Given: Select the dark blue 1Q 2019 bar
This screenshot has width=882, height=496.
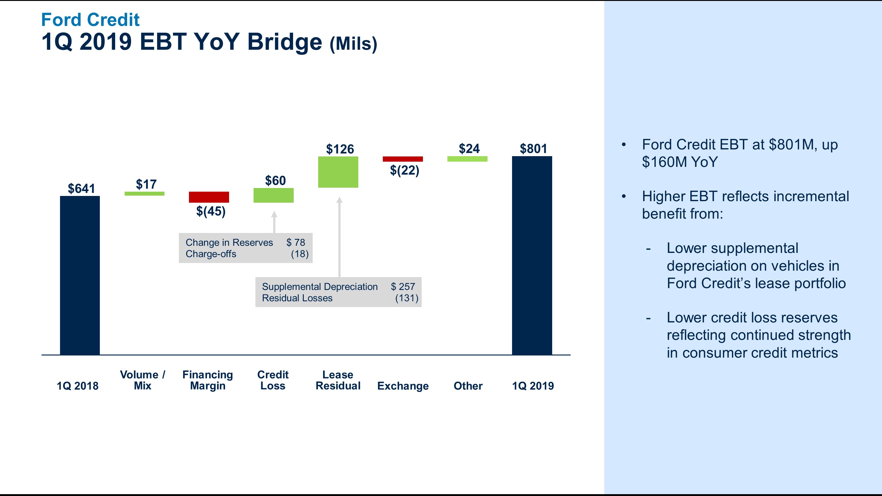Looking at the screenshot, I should [532, 255].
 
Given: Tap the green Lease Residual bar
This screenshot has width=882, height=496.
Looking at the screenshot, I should [338, 172].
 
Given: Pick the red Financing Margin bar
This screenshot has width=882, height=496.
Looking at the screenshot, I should [209, 197].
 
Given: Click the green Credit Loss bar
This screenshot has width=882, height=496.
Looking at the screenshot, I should [273, 195].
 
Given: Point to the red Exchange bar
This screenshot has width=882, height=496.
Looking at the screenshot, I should [403, 159].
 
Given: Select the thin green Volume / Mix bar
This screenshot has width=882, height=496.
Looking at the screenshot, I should [144, 194].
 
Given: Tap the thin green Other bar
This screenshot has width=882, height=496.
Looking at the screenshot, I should [467, 159].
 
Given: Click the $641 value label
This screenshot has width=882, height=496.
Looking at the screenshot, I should [81, 188].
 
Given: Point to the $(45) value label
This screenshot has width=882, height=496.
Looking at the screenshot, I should [211, 211].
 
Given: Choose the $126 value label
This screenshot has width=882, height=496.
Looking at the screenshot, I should [340, 149].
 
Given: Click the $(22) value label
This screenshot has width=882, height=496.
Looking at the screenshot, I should [404, 170].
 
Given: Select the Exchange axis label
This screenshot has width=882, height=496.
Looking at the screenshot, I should [403, 386].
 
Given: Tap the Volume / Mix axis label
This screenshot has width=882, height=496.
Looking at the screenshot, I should [142, 380].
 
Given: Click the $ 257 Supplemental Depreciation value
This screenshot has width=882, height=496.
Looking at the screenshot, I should [403, 287].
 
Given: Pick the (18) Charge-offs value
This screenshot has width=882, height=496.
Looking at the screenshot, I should [300, 254].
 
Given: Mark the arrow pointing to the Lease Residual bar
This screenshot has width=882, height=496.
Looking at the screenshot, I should [339, 236].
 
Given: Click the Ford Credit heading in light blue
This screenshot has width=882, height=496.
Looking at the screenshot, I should [90, 20].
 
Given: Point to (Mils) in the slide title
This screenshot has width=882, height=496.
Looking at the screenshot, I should [353, 44].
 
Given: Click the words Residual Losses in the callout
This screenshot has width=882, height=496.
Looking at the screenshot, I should [297, 298].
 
